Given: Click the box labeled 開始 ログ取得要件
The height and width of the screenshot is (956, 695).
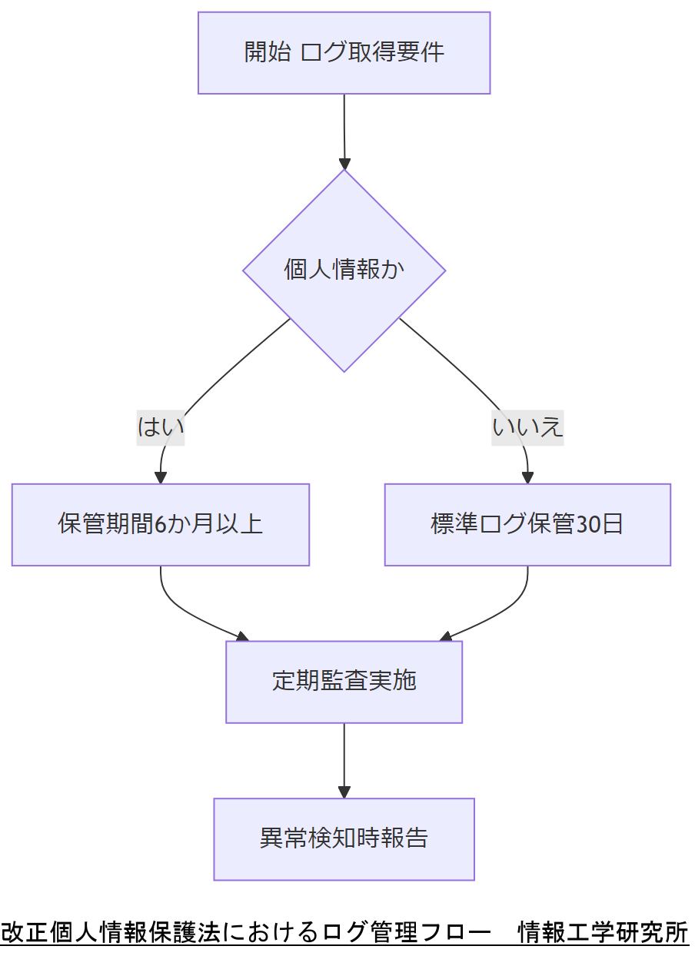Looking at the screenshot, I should [344, 53].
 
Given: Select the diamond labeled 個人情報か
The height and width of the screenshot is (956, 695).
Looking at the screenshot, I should [344, 271].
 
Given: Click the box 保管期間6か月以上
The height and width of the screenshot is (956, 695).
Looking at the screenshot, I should [160, 525].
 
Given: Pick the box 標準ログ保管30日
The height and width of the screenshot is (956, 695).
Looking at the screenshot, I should [527, 525].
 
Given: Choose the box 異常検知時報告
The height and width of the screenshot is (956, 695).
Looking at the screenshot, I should [344, 839].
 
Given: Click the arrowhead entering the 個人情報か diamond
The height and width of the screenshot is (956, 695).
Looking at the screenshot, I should [344, 164].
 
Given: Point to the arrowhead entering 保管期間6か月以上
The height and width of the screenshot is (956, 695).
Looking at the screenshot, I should [161, 477].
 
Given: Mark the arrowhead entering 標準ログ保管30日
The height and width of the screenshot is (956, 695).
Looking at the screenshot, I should [527, 477].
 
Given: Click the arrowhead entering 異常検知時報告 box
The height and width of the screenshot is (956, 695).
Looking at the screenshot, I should [344, 792].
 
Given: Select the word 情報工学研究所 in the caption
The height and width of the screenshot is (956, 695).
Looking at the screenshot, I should [603, 932].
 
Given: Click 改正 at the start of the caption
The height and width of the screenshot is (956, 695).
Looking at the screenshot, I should [17, 932].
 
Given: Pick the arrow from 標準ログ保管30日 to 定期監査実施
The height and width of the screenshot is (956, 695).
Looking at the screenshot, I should [500, 610].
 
